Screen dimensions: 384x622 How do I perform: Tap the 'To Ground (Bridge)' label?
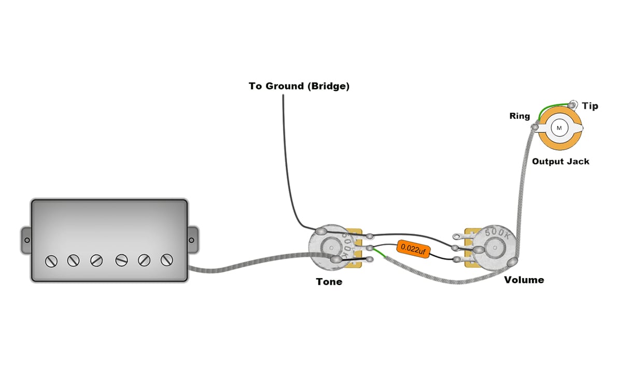pos(299,86)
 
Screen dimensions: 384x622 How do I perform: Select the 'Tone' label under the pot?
pos(329,282)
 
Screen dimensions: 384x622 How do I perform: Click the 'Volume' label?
pos(524,280)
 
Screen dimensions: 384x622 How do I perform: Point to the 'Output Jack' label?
pos(560,161)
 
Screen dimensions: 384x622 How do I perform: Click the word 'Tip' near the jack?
pos(590,106)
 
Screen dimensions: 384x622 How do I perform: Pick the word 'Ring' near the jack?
pos(519,116)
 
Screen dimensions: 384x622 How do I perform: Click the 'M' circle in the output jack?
pos(559,127)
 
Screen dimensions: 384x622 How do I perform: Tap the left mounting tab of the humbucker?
pos(25,240)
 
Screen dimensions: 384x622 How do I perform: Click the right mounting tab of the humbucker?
pos(192,240)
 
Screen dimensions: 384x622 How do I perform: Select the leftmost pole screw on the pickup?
pos(51,260)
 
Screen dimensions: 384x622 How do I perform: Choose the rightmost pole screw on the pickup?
pos(167,260)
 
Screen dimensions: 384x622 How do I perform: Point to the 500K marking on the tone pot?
pos(347,242)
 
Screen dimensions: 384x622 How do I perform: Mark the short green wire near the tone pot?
pos(379,254)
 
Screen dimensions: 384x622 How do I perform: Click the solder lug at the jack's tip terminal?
pos(573,104)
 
